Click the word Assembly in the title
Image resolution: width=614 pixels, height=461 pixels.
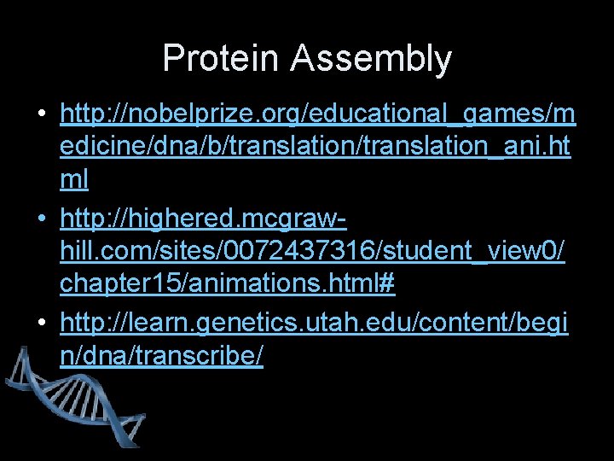(371, 59)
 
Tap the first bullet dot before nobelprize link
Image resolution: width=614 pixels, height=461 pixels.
(42, 114)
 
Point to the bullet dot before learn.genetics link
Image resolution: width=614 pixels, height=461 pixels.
(42, 323)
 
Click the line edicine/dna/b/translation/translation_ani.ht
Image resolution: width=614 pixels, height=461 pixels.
(316, 146)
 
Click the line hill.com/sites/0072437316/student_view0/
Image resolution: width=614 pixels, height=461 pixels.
(312, 251)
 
